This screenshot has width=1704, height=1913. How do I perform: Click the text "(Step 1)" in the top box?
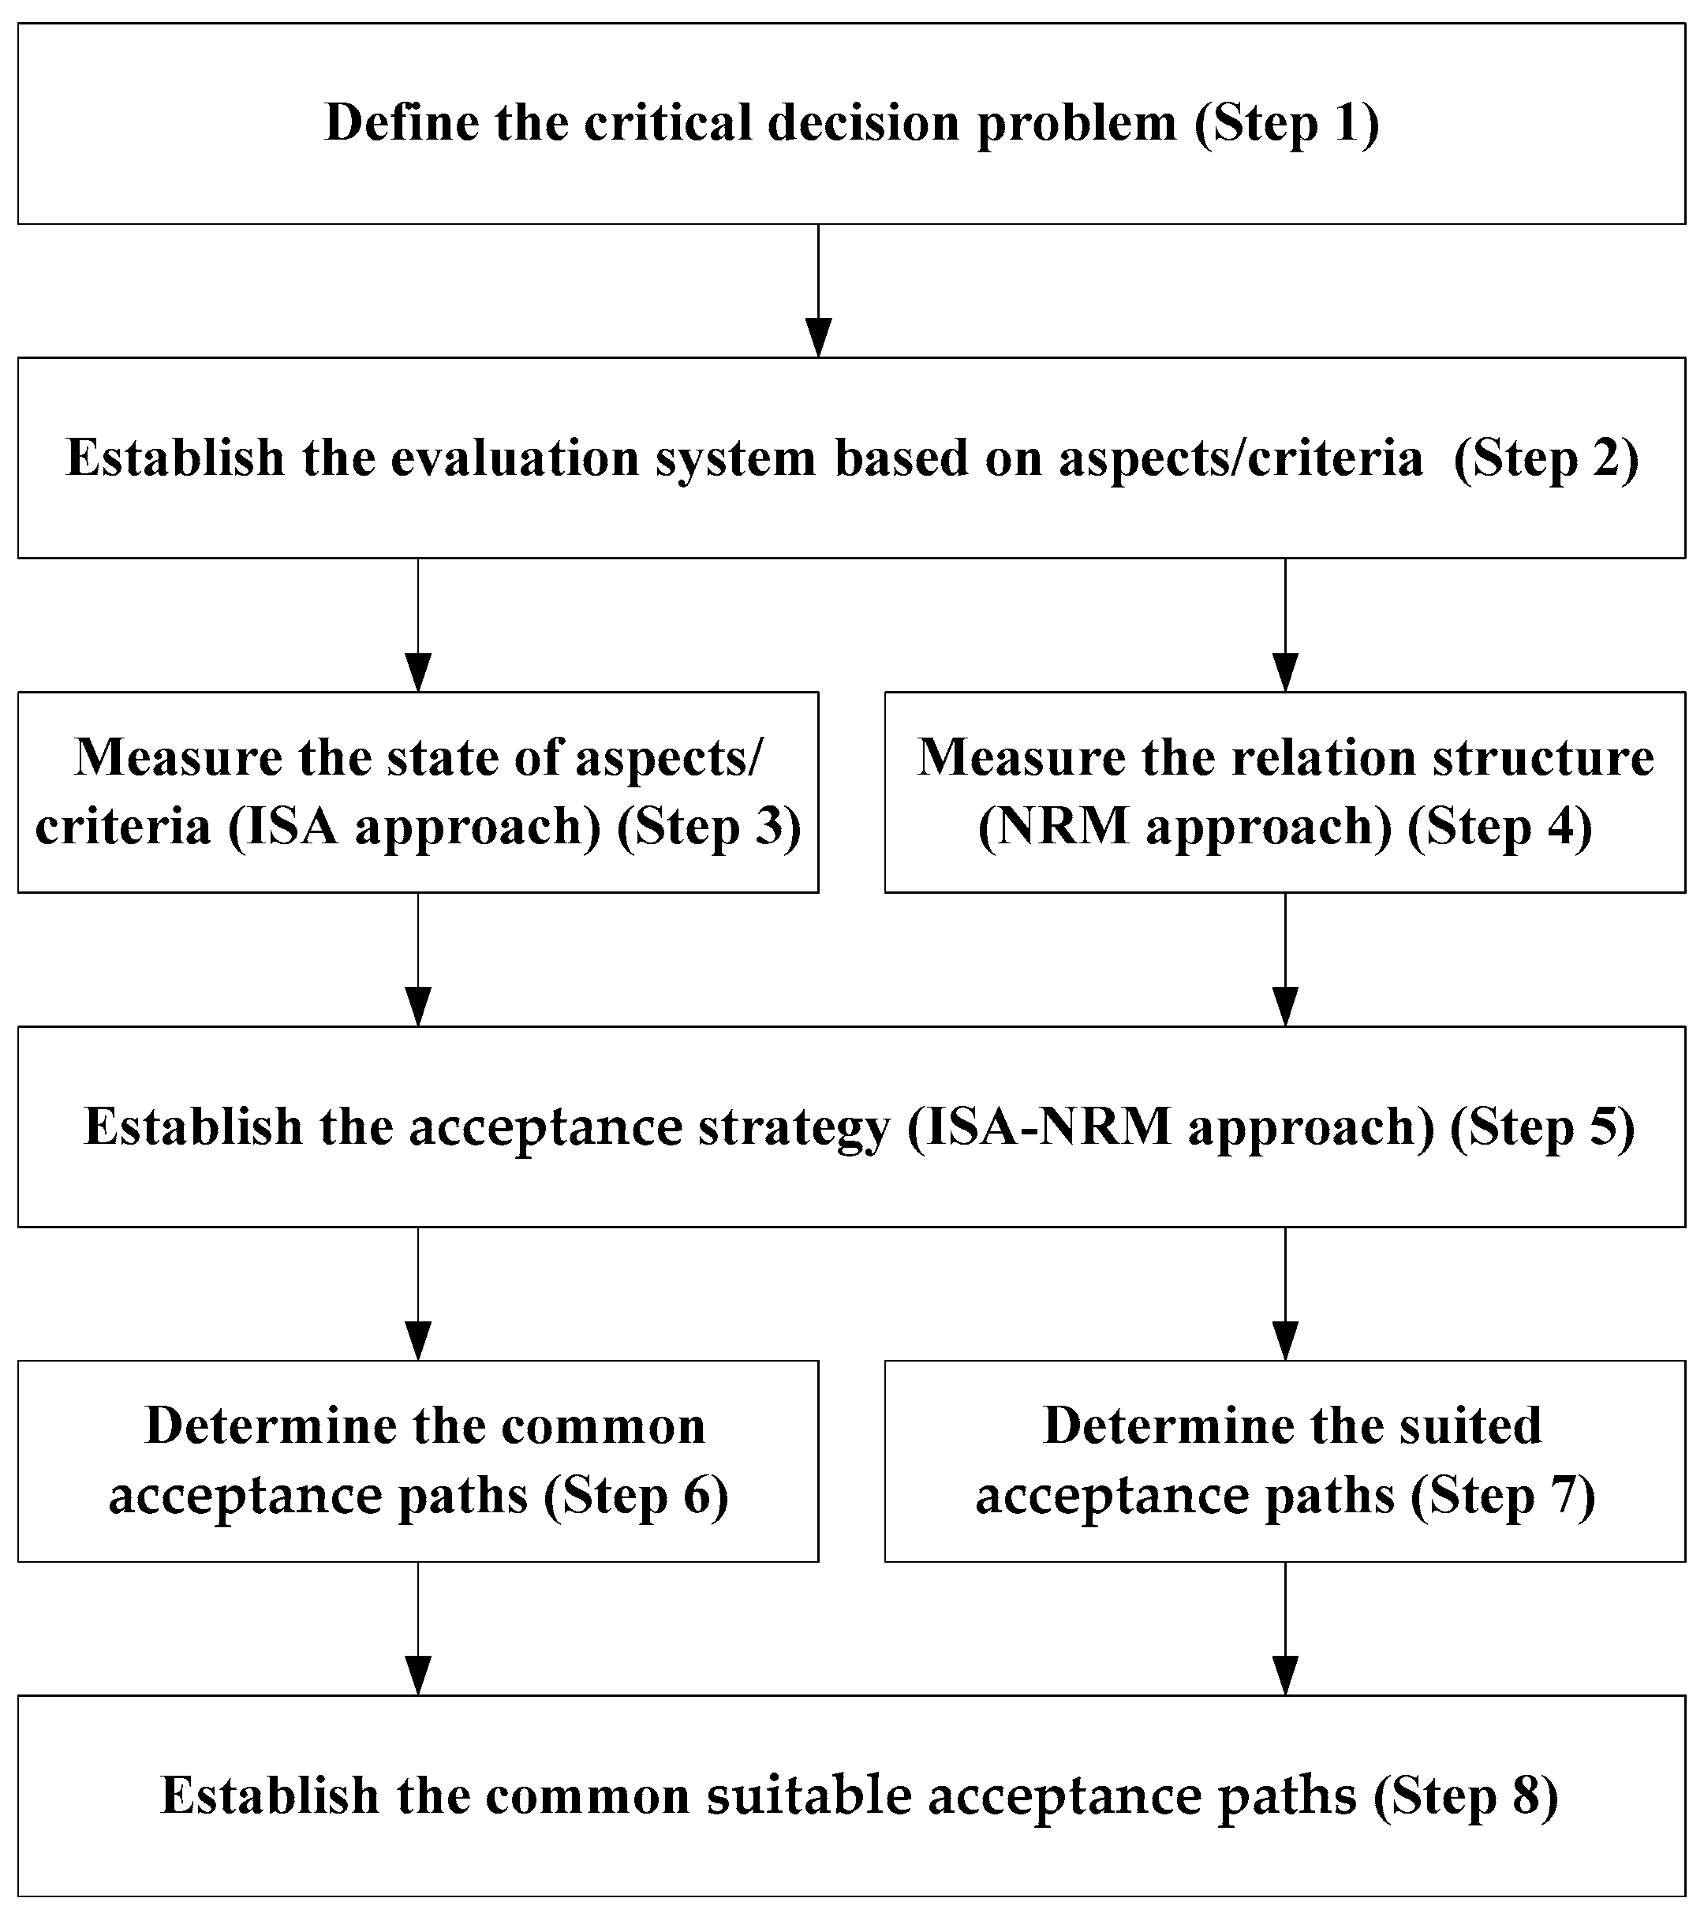point(1287,124)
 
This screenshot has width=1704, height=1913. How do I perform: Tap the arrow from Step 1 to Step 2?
point(818,290)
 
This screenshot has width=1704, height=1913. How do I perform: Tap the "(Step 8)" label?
point(1465,1797)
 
